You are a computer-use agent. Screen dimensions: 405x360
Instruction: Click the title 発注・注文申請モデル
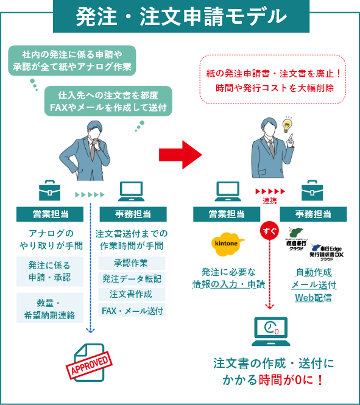(180, 16)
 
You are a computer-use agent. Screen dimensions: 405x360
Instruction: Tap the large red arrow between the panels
(180, 156)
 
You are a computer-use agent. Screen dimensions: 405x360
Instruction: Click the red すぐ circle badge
(269, 231)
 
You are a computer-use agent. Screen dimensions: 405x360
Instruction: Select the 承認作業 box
(131, 263)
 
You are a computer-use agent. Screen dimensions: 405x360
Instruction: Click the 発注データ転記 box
(131, 279)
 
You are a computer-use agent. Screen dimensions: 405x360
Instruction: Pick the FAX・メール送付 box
(131, 311)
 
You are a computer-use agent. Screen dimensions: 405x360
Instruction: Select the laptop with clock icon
(269, 329)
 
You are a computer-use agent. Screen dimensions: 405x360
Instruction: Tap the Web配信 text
(313, 298)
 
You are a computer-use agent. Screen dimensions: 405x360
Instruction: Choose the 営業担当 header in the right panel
(227, 214)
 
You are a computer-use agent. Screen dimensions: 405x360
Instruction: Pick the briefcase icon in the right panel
(311, 191)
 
